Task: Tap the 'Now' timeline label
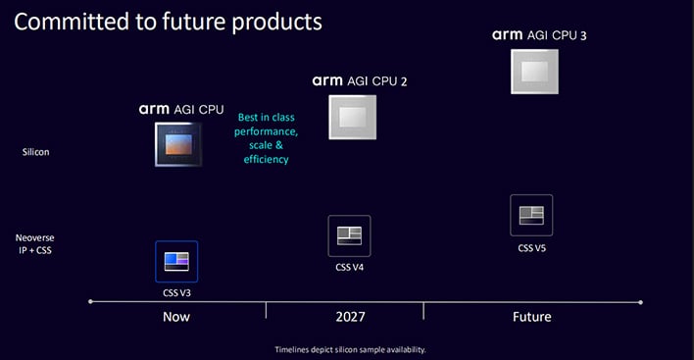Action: tap(176, 317)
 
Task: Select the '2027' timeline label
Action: tap(349, 317)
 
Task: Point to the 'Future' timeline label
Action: tap(531, 317)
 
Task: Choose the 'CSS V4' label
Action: tap(350, 267)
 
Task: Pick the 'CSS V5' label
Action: tap(532, 247)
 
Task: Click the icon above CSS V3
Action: tap(176, 261)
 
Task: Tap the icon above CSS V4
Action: tap(350, 235)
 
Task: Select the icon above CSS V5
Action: tap(532, 215)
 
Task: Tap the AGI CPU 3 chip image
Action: tap(534, 72)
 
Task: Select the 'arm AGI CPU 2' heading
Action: tap(359, 80)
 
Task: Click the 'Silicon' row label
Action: tap(36, 152)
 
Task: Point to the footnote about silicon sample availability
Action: tap(349, 349)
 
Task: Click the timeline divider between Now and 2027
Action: tap(266, 309)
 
